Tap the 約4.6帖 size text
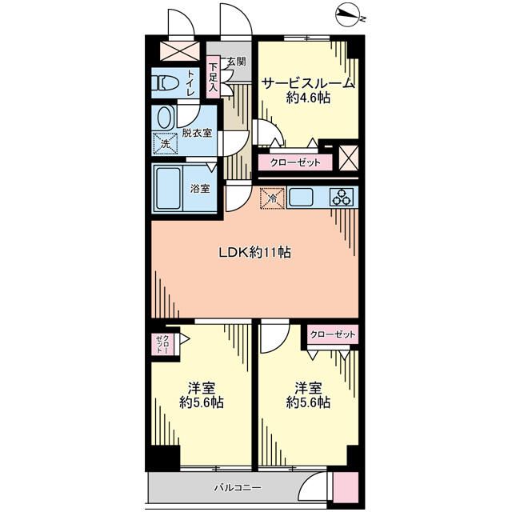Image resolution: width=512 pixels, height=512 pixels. (x=309, y=98)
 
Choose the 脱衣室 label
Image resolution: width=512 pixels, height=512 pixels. (x=197, y=132)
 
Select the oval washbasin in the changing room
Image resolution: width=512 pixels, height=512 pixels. (x=166, y=118)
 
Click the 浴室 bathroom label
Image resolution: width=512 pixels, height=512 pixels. (x=200, y=189)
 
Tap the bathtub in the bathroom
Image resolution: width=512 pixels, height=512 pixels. (x=169, y=188)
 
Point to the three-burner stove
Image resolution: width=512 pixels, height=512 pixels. (x=341, y=196)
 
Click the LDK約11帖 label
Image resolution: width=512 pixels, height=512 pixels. (x=255, y=253)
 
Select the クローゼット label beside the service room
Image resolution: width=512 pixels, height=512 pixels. (x=295, y=162)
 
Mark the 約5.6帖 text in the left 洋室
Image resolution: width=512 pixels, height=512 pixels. (x=202, y=402)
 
